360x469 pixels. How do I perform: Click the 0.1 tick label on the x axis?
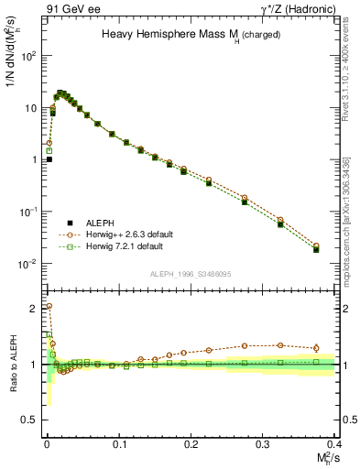(119, 444)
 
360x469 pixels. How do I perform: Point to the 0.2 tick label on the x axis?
(191, 444)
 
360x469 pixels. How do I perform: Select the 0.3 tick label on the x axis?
(264, 444)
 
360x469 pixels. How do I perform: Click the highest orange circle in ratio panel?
(49, 306)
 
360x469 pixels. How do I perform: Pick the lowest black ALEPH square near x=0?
(49, 159)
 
